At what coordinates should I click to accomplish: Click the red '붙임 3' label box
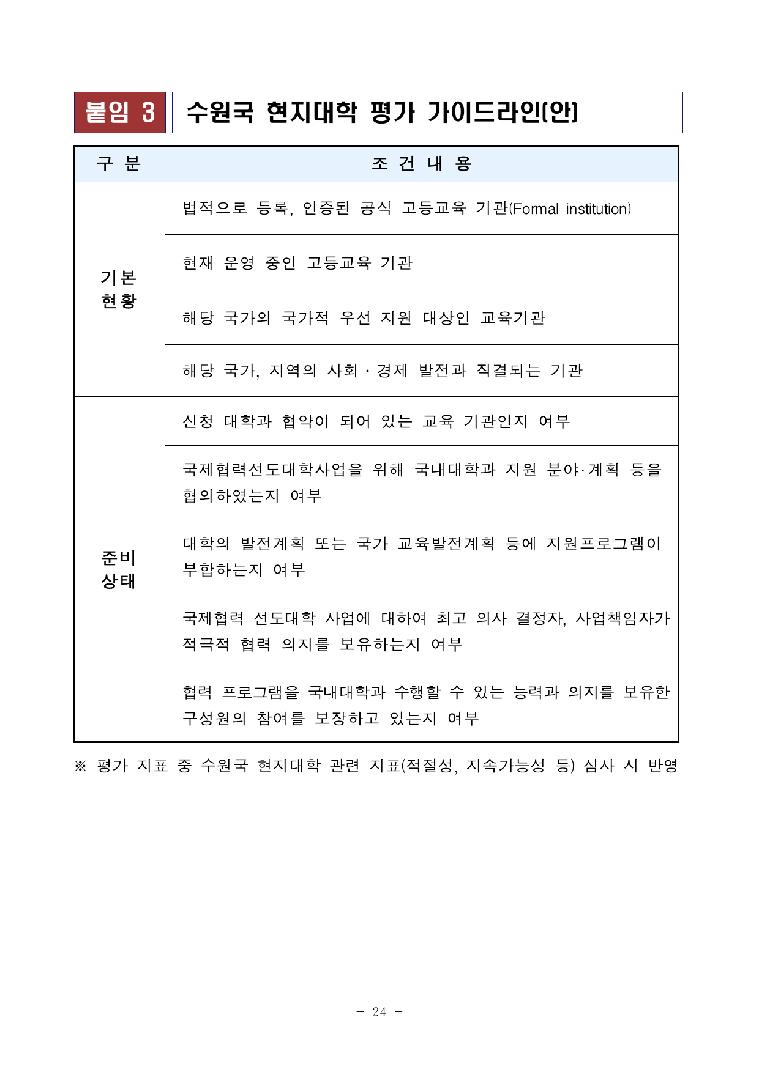click(120, 113)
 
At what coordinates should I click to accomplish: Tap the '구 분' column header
click(119, 164)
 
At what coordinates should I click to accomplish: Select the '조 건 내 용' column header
click(421, 164)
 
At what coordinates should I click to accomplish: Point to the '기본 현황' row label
click(119, 289)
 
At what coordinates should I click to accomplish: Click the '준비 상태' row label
click(119, 569)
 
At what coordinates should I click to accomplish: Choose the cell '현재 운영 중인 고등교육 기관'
click(297, 263)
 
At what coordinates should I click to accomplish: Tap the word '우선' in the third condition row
click(355, 318)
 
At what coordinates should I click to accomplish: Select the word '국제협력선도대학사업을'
click(272, 470)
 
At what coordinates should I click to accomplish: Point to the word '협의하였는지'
click(231, 496)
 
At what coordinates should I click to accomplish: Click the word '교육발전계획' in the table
click(446, 544)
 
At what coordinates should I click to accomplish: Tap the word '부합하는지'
click(223, 570)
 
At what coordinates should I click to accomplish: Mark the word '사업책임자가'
click(623, 618)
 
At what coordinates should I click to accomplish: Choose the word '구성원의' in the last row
click(214, 719)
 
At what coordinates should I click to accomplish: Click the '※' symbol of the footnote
click(80, 766)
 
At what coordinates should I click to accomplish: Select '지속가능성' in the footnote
click(506, 766)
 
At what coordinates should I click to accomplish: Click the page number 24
click(379, 1012)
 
